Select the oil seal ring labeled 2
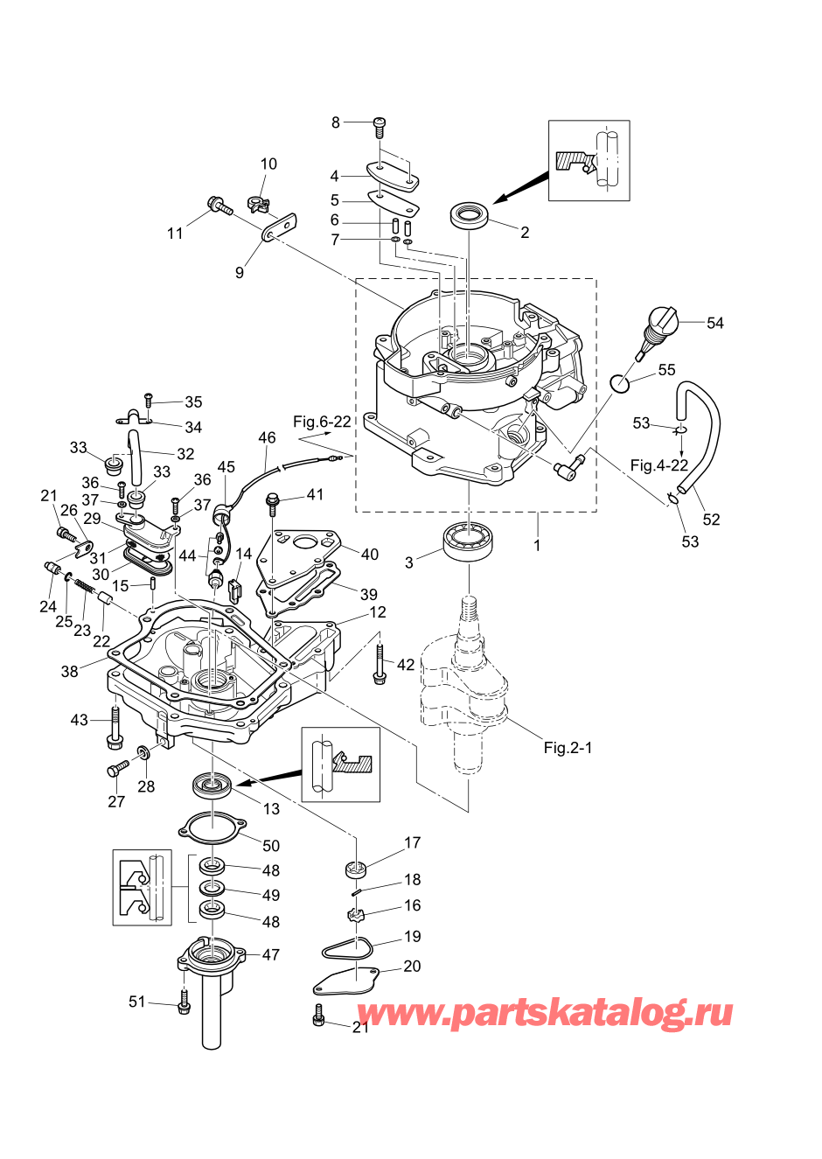point(470,215)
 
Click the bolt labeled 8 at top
point(380,126)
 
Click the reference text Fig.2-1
point(568,748)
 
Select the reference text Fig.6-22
point(322,422)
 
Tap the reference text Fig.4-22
point(658,465)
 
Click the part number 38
point(70,672)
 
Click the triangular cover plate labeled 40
point(302,556)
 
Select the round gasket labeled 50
point(212,826)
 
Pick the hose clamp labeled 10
point(258,206)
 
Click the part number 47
point(271,955)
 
